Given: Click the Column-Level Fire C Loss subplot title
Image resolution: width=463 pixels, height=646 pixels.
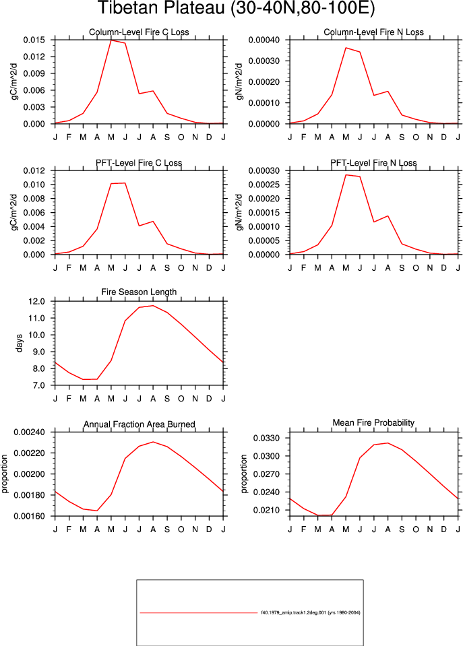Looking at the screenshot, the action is coord(139,32).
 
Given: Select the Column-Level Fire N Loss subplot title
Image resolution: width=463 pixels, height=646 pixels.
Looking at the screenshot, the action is coord(373,32).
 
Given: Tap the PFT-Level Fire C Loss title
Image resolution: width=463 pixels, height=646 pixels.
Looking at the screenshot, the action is coord(139,163).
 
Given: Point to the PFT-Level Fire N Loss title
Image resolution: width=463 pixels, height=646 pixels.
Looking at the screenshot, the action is coord(373,163).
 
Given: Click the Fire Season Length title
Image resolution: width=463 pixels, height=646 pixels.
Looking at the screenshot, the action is coord(139,292).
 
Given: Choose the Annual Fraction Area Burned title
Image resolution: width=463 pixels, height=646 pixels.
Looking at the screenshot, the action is coord(140,424).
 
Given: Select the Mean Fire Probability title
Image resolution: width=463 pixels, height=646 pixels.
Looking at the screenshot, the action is coord(373,423).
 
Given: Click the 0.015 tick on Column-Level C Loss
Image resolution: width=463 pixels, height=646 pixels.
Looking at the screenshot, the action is coord(34,40).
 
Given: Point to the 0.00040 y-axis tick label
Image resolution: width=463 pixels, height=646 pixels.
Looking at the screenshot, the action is coord(264,40).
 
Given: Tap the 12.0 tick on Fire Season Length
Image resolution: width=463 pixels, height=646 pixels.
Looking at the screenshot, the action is coord(36,302).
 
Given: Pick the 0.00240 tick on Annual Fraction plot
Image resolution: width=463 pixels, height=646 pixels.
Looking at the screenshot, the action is coord(29,432).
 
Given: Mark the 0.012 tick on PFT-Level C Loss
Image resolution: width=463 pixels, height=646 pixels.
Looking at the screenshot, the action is coord(34,170).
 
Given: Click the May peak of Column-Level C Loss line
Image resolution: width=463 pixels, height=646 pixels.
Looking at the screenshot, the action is coord(111,40).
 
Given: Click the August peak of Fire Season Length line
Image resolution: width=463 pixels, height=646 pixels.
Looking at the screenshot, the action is coord(153,306).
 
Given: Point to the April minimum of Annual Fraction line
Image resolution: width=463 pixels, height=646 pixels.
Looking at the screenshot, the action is coord(97,511).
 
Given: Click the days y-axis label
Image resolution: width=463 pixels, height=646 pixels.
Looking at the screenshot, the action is coord(19,344).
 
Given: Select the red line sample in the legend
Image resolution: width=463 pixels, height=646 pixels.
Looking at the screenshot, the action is coord(199,613).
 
